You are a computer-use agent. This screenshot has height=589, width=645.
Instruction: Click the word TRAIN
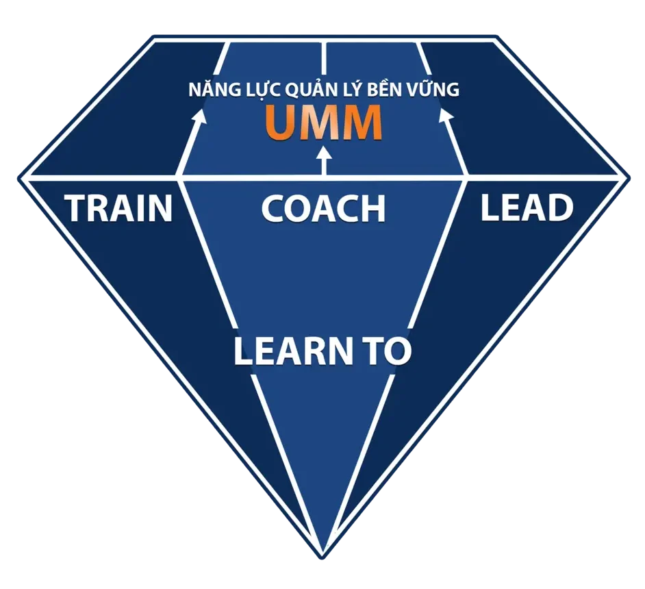pyautogui.click(x=118, y=208)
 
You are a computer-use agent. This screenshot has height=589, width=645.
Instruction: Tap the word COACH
pyautogui.click(x=323, y=208)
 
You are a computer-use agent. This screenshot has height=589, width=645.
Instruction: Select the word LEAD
pyautogui.click(x=526, y=208)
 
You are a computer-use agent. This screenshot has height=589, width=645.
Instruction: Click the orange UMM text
pyautogui.click(x=323, y=123)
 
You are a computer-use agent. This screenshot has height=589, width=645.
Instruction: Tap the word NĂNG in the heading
pyautogui.click(x=208, y=90)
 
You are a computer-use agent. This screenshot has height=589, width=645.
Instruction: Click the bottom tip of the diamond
pyautogui.click(x=322, y=552)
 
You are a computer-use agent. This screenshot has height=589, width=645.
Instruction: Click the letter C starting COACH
pyautogui.click(x=273, y=208)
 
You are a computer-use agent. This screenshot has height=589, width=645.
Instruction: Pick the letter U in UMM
pyautogui.click(x=281, y=123)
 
